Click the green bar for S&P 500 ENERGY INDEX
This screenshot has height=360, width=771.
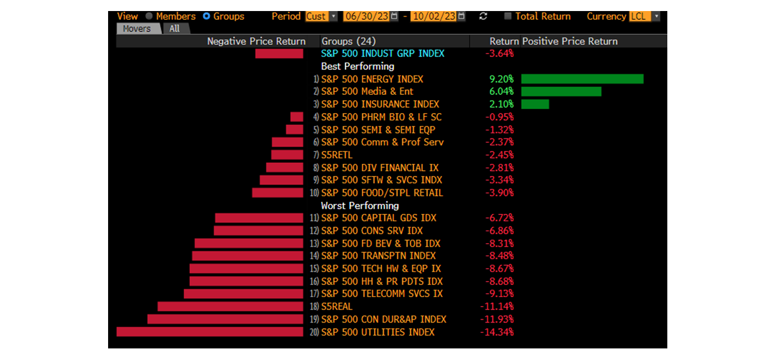click(582, 79)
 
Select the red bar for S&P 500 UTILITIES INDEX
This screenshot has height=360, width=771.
click(210, 332)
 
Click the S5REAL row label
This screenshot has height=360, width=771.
click(336, 307)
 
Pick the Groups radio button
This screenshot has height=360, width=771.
click(207, 17)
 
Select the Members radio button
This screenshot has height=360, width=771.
click(149, 17)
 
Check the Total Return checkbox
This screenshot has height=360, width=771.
click(508, 17)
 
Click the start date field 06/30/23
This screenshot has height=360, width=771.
click(366, 17)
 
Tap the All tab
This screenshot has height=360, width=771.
click(174, 29)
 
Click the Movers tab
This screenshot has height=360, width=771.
click(137, 29)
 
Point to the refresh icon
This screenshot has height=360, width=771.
click(483, 17)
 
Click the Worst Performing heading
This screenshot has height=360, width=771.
click(360, 206)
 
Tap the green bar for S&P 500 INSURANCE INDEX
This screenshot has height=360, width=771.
click(535, 104)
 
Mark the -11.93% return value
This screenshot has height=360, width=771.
click(497, 319)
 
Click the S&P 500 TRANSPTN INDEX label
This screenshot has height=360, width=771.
click(378, 256)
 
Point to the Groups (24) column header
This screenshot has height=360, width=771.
click(349, 41)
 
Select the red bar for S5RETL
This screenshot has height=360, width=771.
click(287, 155)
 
